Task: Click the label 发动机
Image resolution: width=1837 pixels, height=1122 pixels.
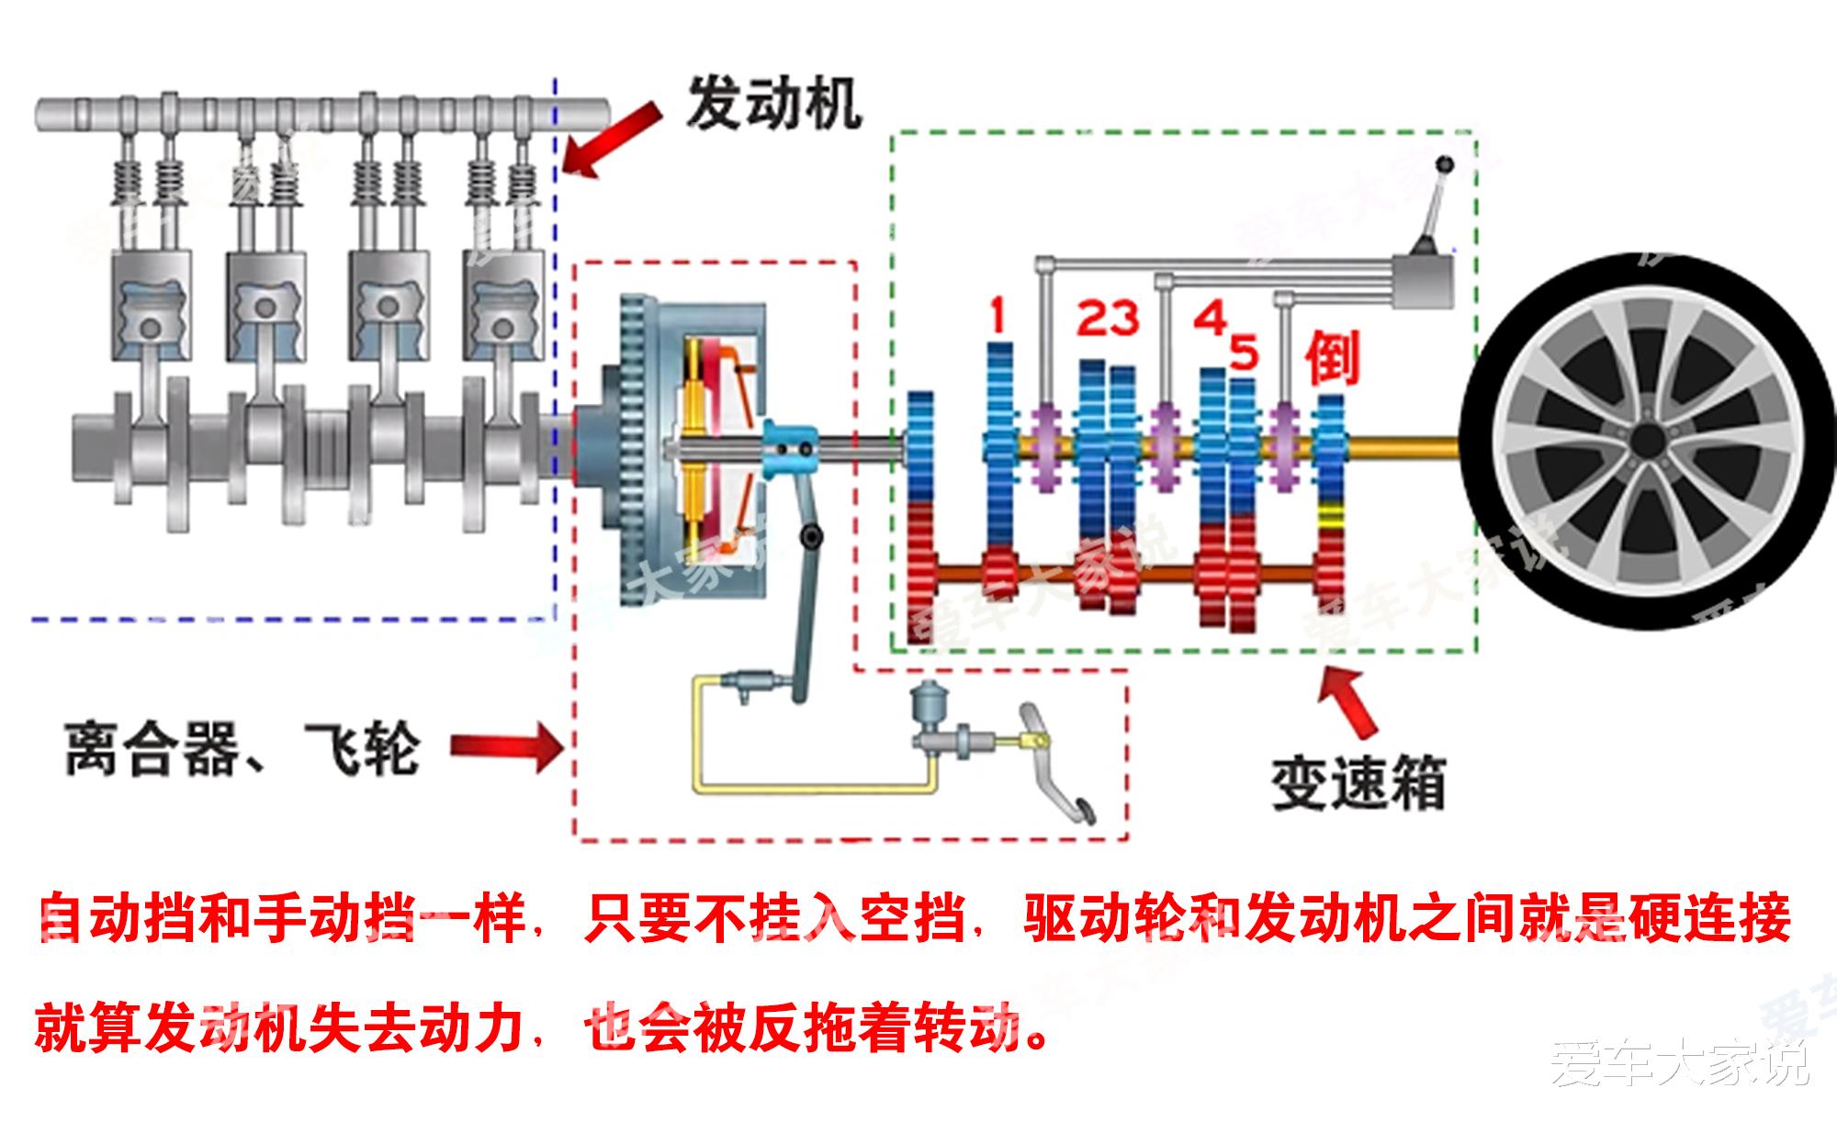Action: [x=774, y=103]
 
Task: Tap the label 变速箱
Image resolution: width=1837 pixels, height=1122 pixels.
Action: [x=1358, y=783]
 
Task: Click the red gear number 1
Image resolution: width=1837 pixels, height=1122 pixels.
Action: [x=997, y=315]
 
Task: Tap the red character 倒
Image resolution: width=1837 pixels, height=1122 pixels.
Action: [x=1333, y=358]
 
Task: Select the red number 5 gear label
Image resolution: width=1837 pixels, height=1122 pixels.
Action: [x=1243, y=352]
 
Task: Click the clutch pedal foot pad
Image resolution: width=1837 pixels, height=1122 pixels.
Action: [x=1080, y=811]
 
